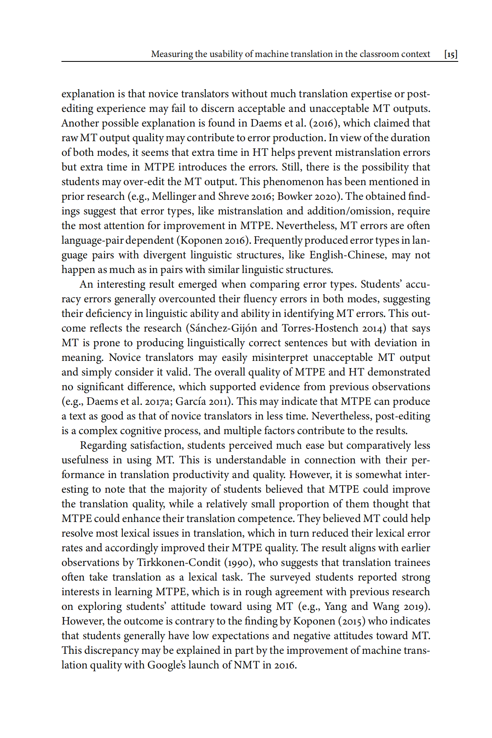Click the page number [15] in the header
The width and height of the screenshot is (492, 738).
[x=451, y=54]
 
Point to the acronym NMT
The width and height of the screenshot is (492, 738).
[x=246, y=665]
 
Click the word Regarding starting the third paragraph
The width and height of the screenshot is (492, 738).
[x=103, y=445]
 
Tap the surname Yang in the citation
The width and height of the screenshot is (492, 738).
[x=335, y=606]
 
